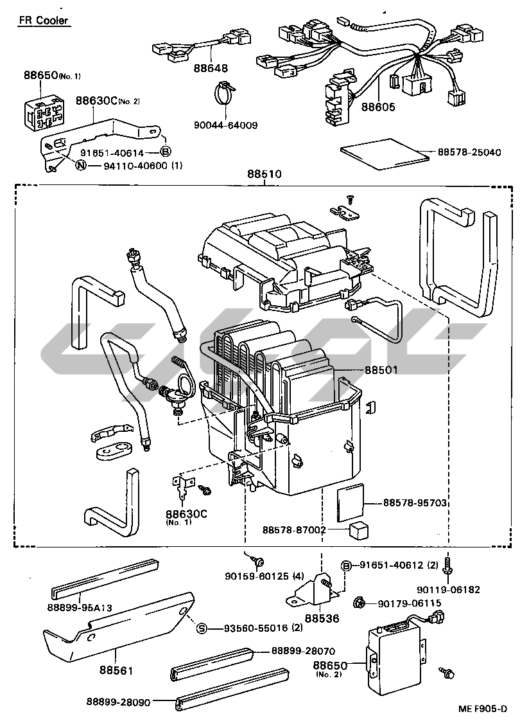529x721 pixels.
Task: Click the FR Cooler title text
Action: tap(43, 20)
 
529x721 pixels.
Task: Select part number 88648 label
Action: tap(211, 69)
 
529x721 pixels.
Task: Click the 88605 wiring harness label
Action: tap(378, 107)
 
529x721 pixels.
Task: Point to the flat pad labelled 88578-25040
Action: tap(385, 154)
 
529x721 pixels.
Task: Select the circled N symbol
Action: tap(81, 166)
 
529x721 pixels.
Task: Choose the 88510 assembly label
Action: tap(264, 174)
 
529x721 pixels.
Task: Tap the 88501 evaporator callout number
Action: tap(381, 370)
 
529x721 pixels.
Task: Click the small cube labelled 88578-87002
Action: tap(360, 530)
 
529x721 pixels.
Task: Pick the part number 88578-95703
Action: tap(415, 503)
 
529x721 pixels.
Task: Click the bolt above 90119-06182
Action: tap(447, 567)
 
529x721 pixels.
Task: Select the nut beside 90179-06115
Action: tap(360, 602)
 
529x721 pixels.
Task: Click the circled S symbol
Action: tap(201, 628)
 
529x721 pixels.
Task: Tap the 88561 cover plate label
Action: tap(116, 671)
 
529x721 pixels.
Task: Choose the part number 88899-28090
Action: tap(119, 702)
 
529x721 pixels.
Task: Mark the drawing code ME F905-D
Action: tap(482, 709)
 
